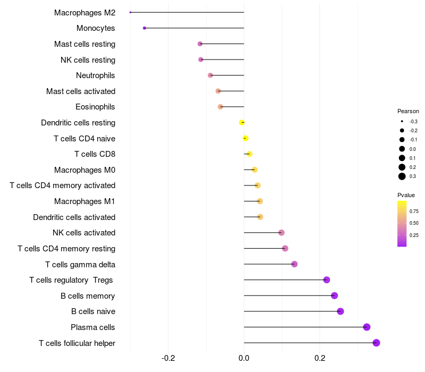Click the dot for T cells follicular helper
click(376, 343)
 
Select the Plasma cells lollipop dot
click(367, 327)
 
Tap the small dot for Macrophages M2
click(130, 12)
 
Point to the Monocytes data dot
click(144, 28)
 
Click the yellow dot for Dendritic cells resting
click(242, 123)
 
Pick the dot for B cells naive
click(341, 311)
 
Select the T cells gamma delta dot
click(294, 264)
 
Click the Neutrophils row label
click(96, 75)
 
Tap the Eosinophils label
click(96, 107)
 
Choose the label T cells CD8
click(95, 154)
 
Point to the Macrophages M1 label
click(85, 201)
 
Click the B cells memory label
click(88, 295)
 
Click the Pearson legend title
click(408, 112)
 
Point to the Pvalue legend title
click(406, 195)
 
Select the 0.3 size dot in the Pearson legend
click(402, 176)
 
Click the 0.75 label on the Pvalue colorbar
click(414, 211)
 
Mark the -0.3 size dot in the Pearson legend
click(402, 122)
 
